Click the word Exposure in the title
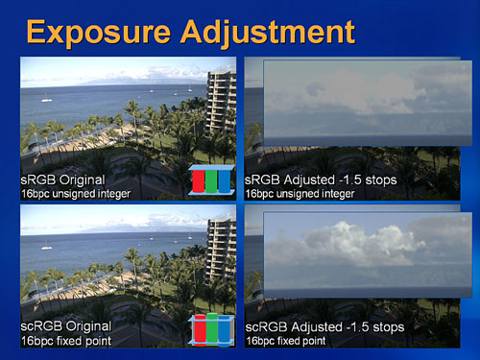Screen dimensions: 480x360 pos(98,33)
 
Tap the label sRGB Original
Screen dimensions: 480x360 pos(62,180)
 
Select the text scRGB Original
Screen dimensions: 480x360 pos(66,326)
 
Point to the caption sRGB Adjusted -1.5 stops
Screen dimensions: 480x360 pos(321,180)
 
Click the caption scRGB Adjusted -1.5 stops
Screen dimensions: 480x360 pos(324,327)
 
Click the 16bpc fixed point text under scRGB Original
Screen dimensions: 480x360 pos(66,341)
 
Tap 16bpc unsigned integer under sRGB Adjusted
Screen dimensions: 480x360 pos(300,194)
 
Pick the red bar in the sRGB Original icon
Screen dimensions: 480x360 pos(199,181)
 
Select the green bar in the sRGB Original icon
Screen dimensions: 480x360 pos(211,181)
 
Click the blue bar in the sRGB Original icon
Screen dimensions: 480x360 pos(224,181)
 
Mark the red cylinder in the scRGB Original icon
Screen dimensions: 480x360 pos(201,329)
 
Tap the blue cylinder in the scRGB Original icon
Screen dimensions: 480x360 pos(224,331)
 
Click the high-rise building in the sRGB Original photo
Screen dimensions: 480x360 pos(222,104)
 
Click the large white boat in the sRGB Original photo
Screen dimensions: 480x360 pos(47,100)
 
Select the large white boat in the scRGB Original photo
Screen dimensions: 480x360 pos(47,247)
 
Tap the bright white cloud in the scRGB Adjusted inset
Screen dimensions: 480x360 pos(358,240)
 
